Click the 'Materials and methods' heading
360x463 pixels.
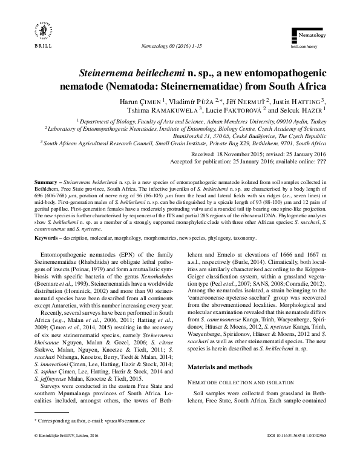(224, 367)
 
